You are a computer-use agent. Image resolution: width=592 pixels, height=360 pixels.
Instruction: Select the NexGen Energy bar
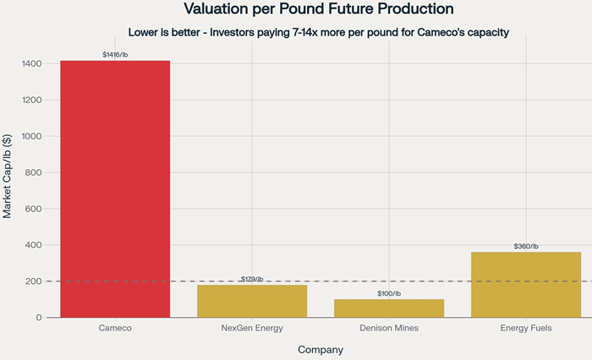(x=252, y=301)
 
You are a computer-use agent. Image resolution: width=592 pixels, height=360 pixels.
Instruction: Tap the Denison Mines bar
(x=389, y=308)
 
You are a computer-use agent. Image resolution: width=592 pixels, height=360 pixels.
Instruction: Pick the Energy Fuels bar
(x=526, y=285)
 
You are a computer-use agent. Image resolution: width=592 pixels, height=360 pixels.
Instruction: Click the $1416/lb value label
(x=115, y=55)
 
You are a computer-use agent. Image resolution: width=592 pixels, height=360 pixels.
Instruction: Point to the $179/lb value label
(x=252, y=279)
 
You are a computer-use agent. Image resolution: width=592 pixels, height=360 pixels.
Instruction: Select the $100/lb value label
(x=389, y=293)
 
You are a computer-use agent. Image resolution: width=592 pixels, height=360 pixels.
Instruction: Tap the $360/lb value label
(x=526, y=246)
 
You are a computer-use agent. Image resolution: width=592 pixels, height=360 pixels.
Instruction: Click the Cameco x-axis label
(x=115, y=328)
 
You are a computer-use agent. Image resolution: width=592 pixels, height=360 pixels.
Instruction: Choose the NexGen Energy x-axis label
(x=252, y=328)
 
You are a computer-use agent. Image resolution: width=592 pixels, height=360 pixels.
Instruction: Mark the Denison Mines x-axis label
(x=389, y=328)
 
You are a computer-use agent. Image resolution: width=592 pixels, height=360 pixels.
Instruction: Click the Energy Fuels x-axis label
(x=526, y=328)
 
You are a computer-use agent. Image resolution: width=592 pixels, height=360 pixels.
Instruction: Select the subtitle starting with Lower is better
(x=319, y=33)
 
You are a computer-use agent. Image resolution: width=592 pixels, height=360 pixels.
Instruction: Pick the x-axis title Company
(x=321, y=349)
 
